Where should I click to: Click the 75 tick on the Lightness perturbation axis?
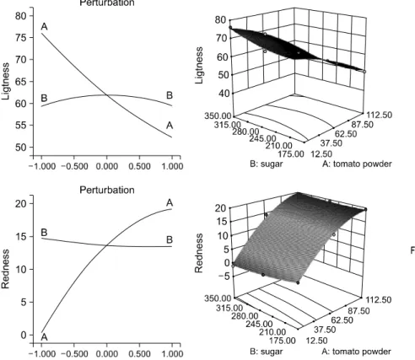click(x=21, y=38)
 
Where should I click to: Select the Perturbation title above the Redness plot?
click(x=107, y=190)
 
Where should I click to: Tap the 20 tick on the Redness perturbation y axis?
click(x=21, y=203)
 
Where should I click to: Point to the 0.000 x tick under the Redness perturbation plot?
click(x=107, y=353)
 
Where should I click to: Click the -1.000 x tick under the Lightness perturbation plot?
click(x=42, y=166)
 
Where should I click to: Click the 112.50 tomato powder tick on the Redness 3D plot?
click(x=378, y=300)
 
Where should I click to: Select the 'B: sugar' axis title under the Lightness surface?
click(x=266, y=164)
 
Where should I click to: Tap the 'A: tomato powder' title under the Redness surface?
click(x=357, y=352)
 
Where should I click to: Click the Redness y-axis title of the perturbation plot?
click(x=5, y=269)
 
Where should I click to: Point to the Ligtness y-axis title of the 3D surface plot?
click(x=199, y=65)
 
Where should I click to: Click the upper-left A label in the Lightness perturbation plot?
click(x=44, y=27)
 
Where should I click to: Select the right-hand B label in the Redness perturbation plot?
click(x=170, y=239)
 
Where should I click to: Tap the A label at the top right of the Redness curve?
click(x=170, y=202)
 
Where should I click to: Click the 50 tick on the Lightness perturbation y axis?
click(x=21, y=148)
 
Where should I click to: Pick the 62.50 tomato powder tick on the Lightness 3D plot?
click(x=345, y=133)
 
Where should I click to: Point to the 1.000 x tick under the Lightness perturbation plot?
click(x=172, y=166)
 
